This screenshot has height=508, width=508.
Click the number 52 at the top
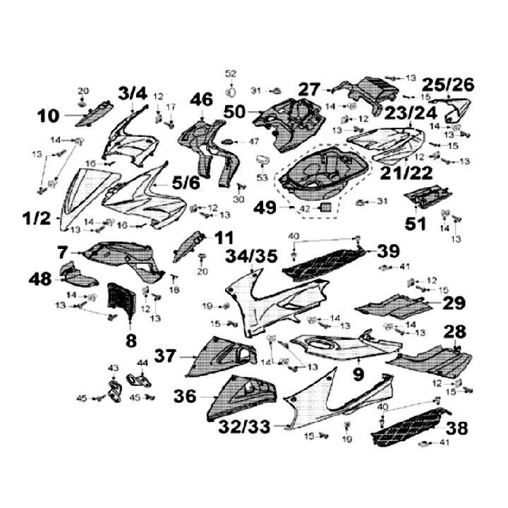(231, 73)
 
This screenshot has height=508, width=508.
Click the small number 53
(262, 179)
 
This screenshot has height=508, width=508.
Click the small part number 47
(254, 142)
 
